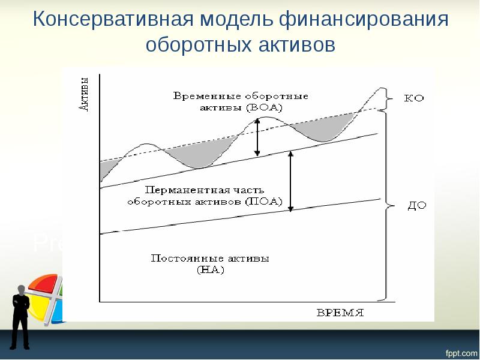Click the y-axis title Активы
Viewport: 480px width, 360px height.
[x=84, y=94]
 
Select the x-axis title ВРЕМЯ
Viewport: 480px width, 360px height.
[x=340, y=313]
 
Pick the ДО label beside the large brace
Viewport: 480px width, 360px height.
[x=416, y=205]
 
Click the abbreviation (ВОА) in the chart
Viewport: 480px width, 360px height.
[x=263, y=107]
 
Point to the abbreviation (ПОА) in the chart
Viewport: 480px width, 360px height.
[x=263, y=202]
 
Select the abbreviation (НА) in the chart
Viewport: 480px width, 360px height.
[x=210, y=269]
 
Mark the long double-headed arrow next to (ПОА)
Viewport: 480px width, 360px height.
[x=291, y=181]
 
